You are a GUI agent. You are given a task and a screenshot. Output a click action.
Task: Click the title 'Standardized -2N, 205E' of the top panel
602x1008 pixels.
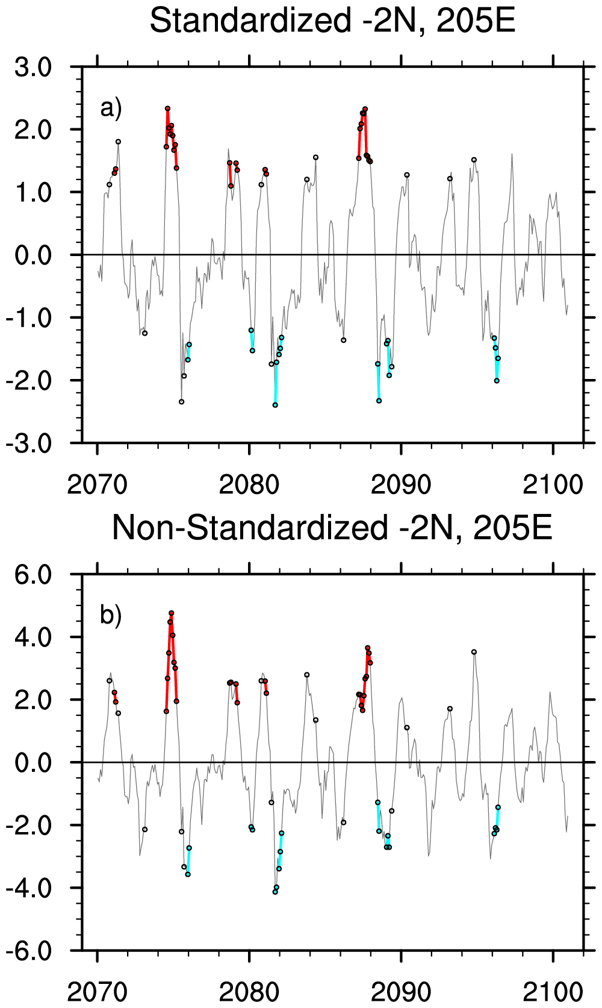point(332,21)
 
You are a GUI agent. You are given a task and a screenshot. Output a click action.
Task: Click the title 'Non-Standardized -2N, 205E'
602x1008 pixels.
point(332,528)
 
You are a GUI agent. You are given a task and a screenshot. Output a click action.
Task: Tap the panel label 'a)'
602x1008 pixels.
point(111,108)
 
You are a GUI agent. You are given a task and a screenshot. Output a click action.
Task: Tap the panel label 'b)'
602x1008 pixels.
point(111,616)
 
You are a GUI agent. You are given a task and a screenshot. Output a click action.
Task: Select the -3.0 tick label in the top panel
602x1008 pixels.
point(29,443)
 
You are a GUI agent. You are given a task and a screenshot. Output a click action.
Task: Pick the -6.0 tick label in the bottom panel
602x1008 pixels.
point(29,951)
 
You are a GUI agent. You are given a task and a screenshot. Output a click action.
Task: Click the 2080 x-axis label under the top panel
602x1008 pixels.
point(249,484)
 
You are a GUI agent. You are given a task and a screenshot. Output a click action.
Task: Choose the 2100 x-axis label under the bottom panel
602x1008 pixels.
point(553,992)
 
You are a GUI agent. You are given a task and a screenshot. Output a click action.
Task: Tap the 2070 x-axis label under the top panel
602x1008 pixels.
point(98,484)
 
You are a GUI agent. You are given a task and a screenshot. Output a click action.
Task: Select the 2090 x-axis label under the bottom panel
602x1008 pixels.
point(401,992)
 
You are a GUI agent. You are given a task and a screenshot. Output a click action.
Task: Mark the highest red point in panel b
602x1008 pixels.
point(171,613)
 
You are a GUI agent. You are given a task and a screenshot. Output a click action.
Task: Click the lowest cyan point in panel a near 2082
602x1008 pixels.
point(275,405)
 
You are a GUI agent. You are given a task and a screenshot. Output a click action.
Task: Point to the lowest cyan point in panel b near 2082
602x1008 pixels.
point(275,892)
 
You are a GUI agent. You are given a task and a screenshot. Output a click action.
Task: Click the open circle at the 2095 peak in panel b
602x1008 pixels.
point(474,652)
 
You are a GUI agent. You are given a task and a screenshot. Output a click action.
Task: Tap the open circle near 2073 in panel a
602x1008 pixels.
point(144,333)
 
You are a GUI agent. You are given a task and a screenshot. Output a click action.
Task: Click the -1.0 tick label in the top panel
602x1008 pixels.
point(29,318)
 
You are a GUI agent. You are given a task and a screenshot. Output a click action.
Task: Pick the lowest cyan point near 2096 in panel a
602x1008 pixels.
point(497,381)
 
